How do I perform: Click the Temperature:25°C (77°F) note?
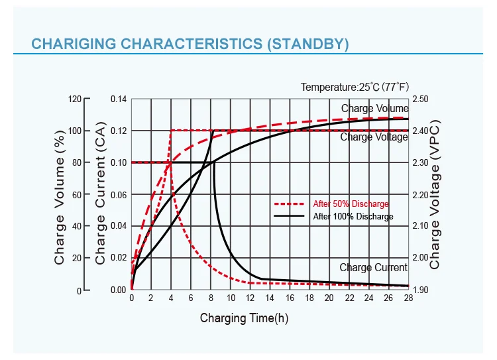(355, 87)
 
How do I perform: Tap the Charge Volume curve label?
(374, 108)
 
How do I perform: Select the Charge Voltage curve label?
(374, 137)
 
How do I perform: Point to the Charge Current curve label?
(373, 268)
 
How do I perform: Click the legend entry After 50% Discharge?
(351, 204)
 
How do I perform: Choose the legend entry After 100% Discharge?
(353, 217)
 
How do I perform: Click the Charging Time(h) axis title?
(244, 318)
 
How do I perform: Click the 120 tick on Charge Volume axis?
(75, 99)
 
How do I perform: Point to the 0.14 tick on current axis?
(118, 99)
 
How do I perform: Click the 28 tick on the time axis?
(408, 298)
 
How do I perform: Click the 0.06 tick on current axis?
(118, 195)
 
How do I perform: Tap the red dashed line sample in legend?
(289, 204)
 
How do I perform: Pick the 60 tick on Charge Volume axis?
(77, 195)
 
